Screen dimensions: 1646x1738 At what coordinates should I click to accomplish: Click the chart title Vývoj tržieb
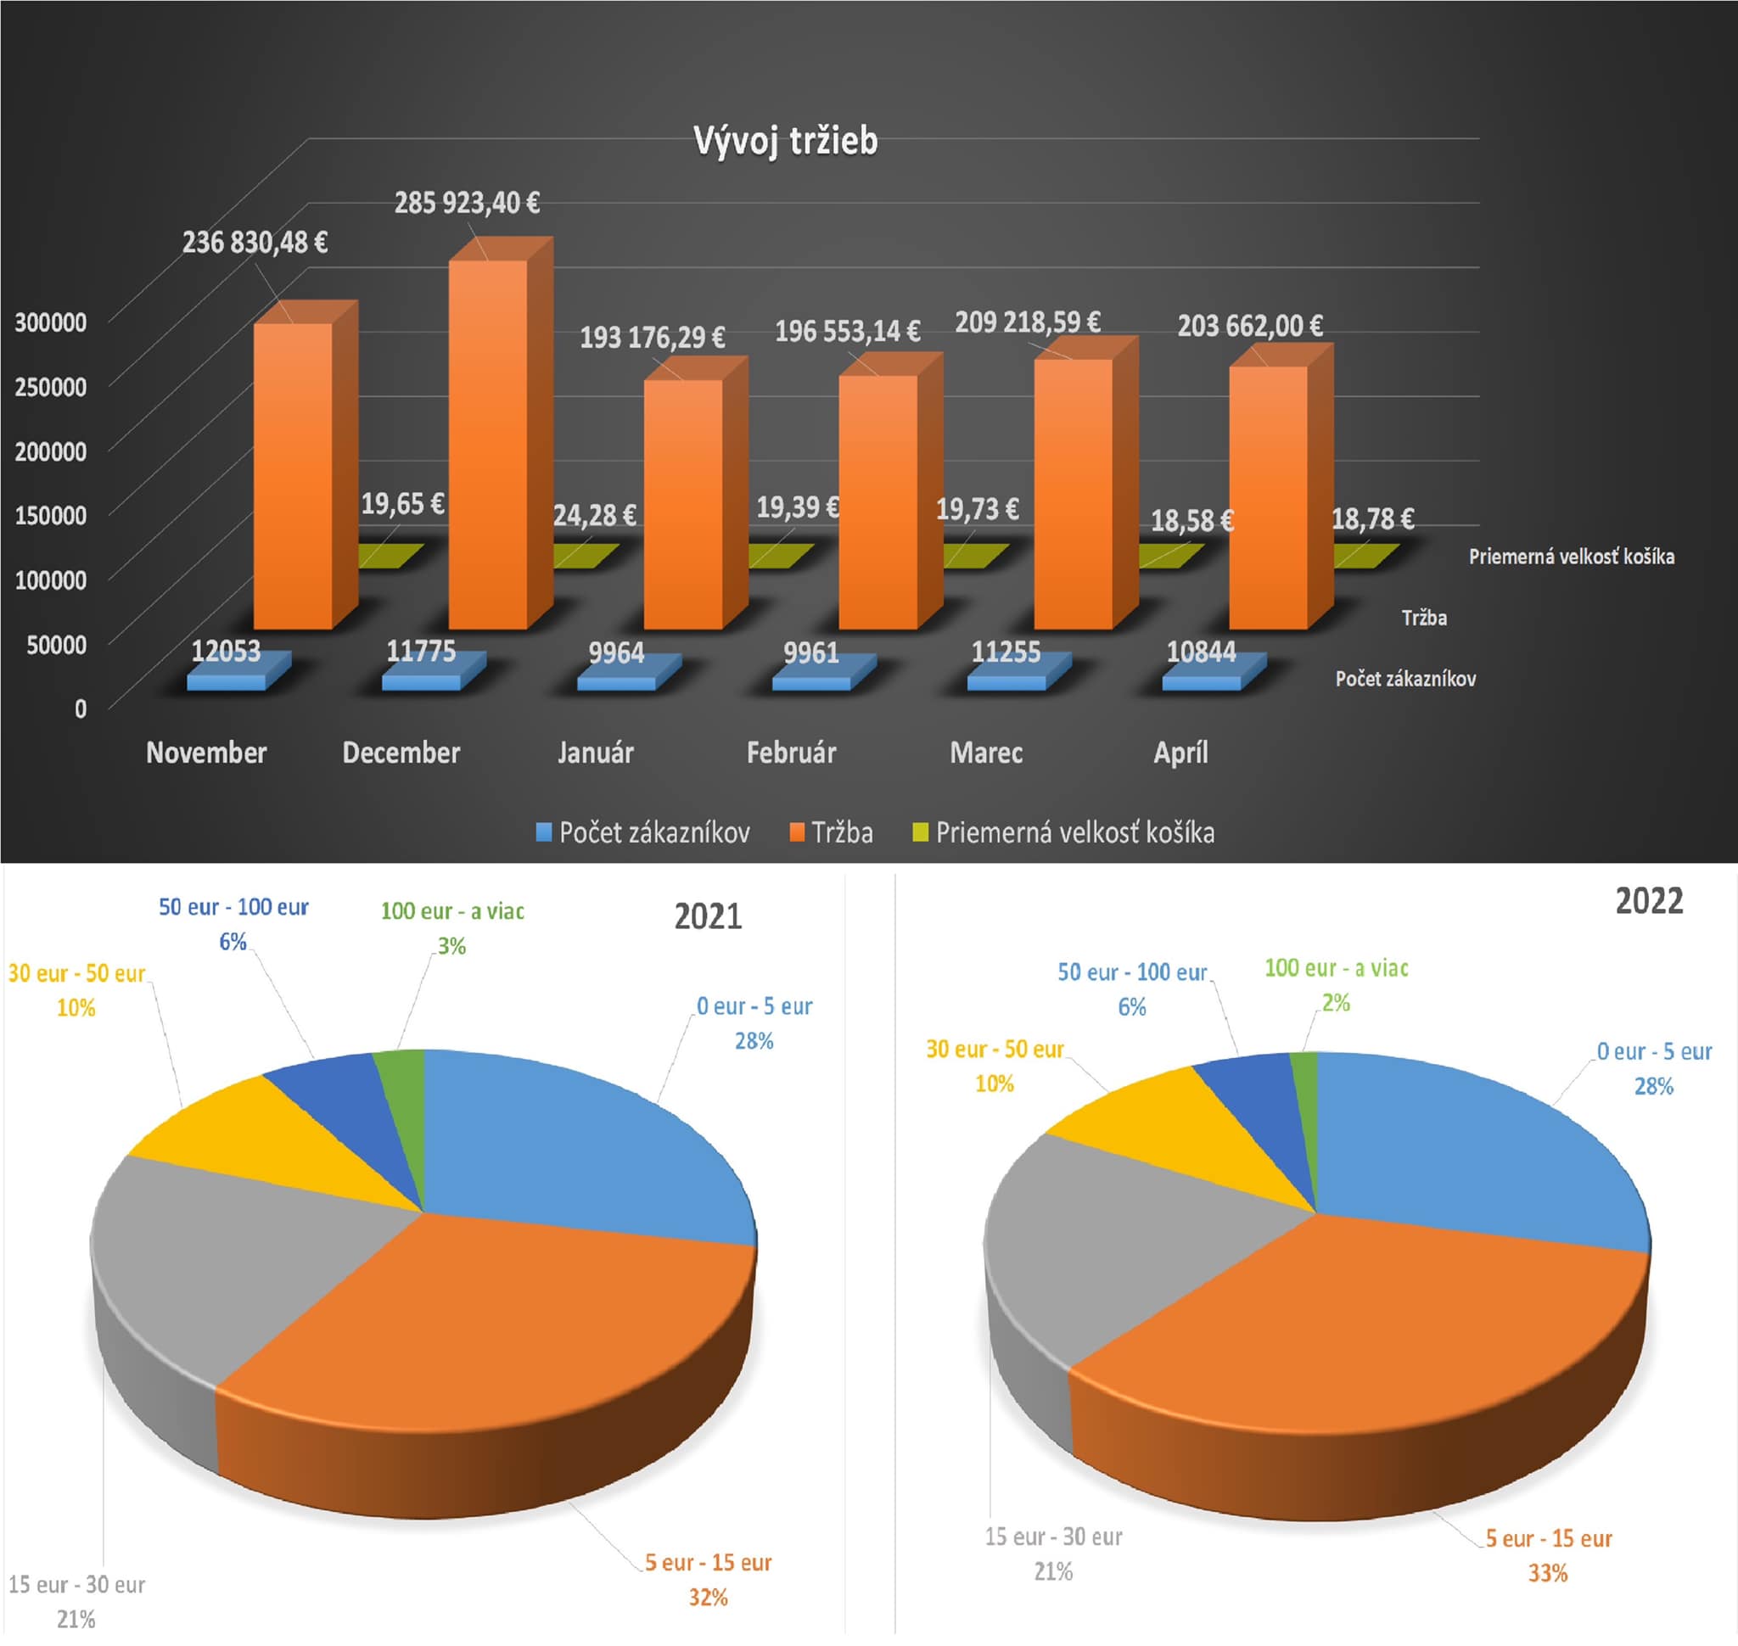[x=785, y=140]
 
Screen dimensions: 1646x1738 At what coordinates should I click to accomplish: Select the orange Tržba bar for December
[x=488, y=439]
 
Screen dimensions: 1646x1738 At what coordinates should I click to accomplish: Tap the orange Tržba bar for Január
[x=683, y=500]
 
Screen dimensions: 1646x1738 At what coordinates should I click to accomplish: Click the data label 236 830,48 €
[x=255, y=242]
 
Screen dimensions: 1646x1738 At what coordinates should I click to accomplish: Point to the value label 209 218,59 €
[x=1027, y=322]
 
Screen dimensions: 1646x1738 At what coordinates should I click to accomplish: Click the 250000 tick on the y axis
[x=51, y=386]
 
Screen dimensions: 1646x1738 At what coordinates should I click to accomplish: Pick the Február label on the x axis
[x=791, y=752]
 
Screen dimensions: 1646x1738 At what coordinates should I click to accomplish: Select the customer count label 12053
[x=226, y=651]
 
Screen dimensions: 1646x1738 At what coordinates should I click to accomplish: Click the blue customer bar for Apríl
[x=1203, y=680]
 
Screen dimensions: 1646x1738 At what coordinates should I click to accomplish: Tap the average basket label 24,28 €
[x=594, y=515]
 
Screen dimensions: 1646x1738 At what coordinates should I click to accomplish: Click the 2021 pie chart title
[x=708, y=916]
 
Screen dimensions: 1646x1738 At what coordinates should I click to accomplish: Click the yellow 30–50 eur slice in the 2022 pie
[x=1168, y=1132]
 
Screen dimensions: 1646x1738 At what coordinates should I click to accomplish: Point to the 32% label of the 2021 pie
[x=708, y=1597]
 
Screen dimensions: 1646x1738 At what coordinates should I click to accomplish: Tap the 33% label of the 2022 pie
[x=1548, y=1573]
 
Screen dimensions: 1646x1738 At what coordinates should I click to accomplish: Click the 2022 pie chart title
[x=1648, y=901]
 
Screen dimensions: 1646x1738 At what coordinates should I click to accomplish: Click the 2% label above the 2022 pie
[x=1335, y=1003]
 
